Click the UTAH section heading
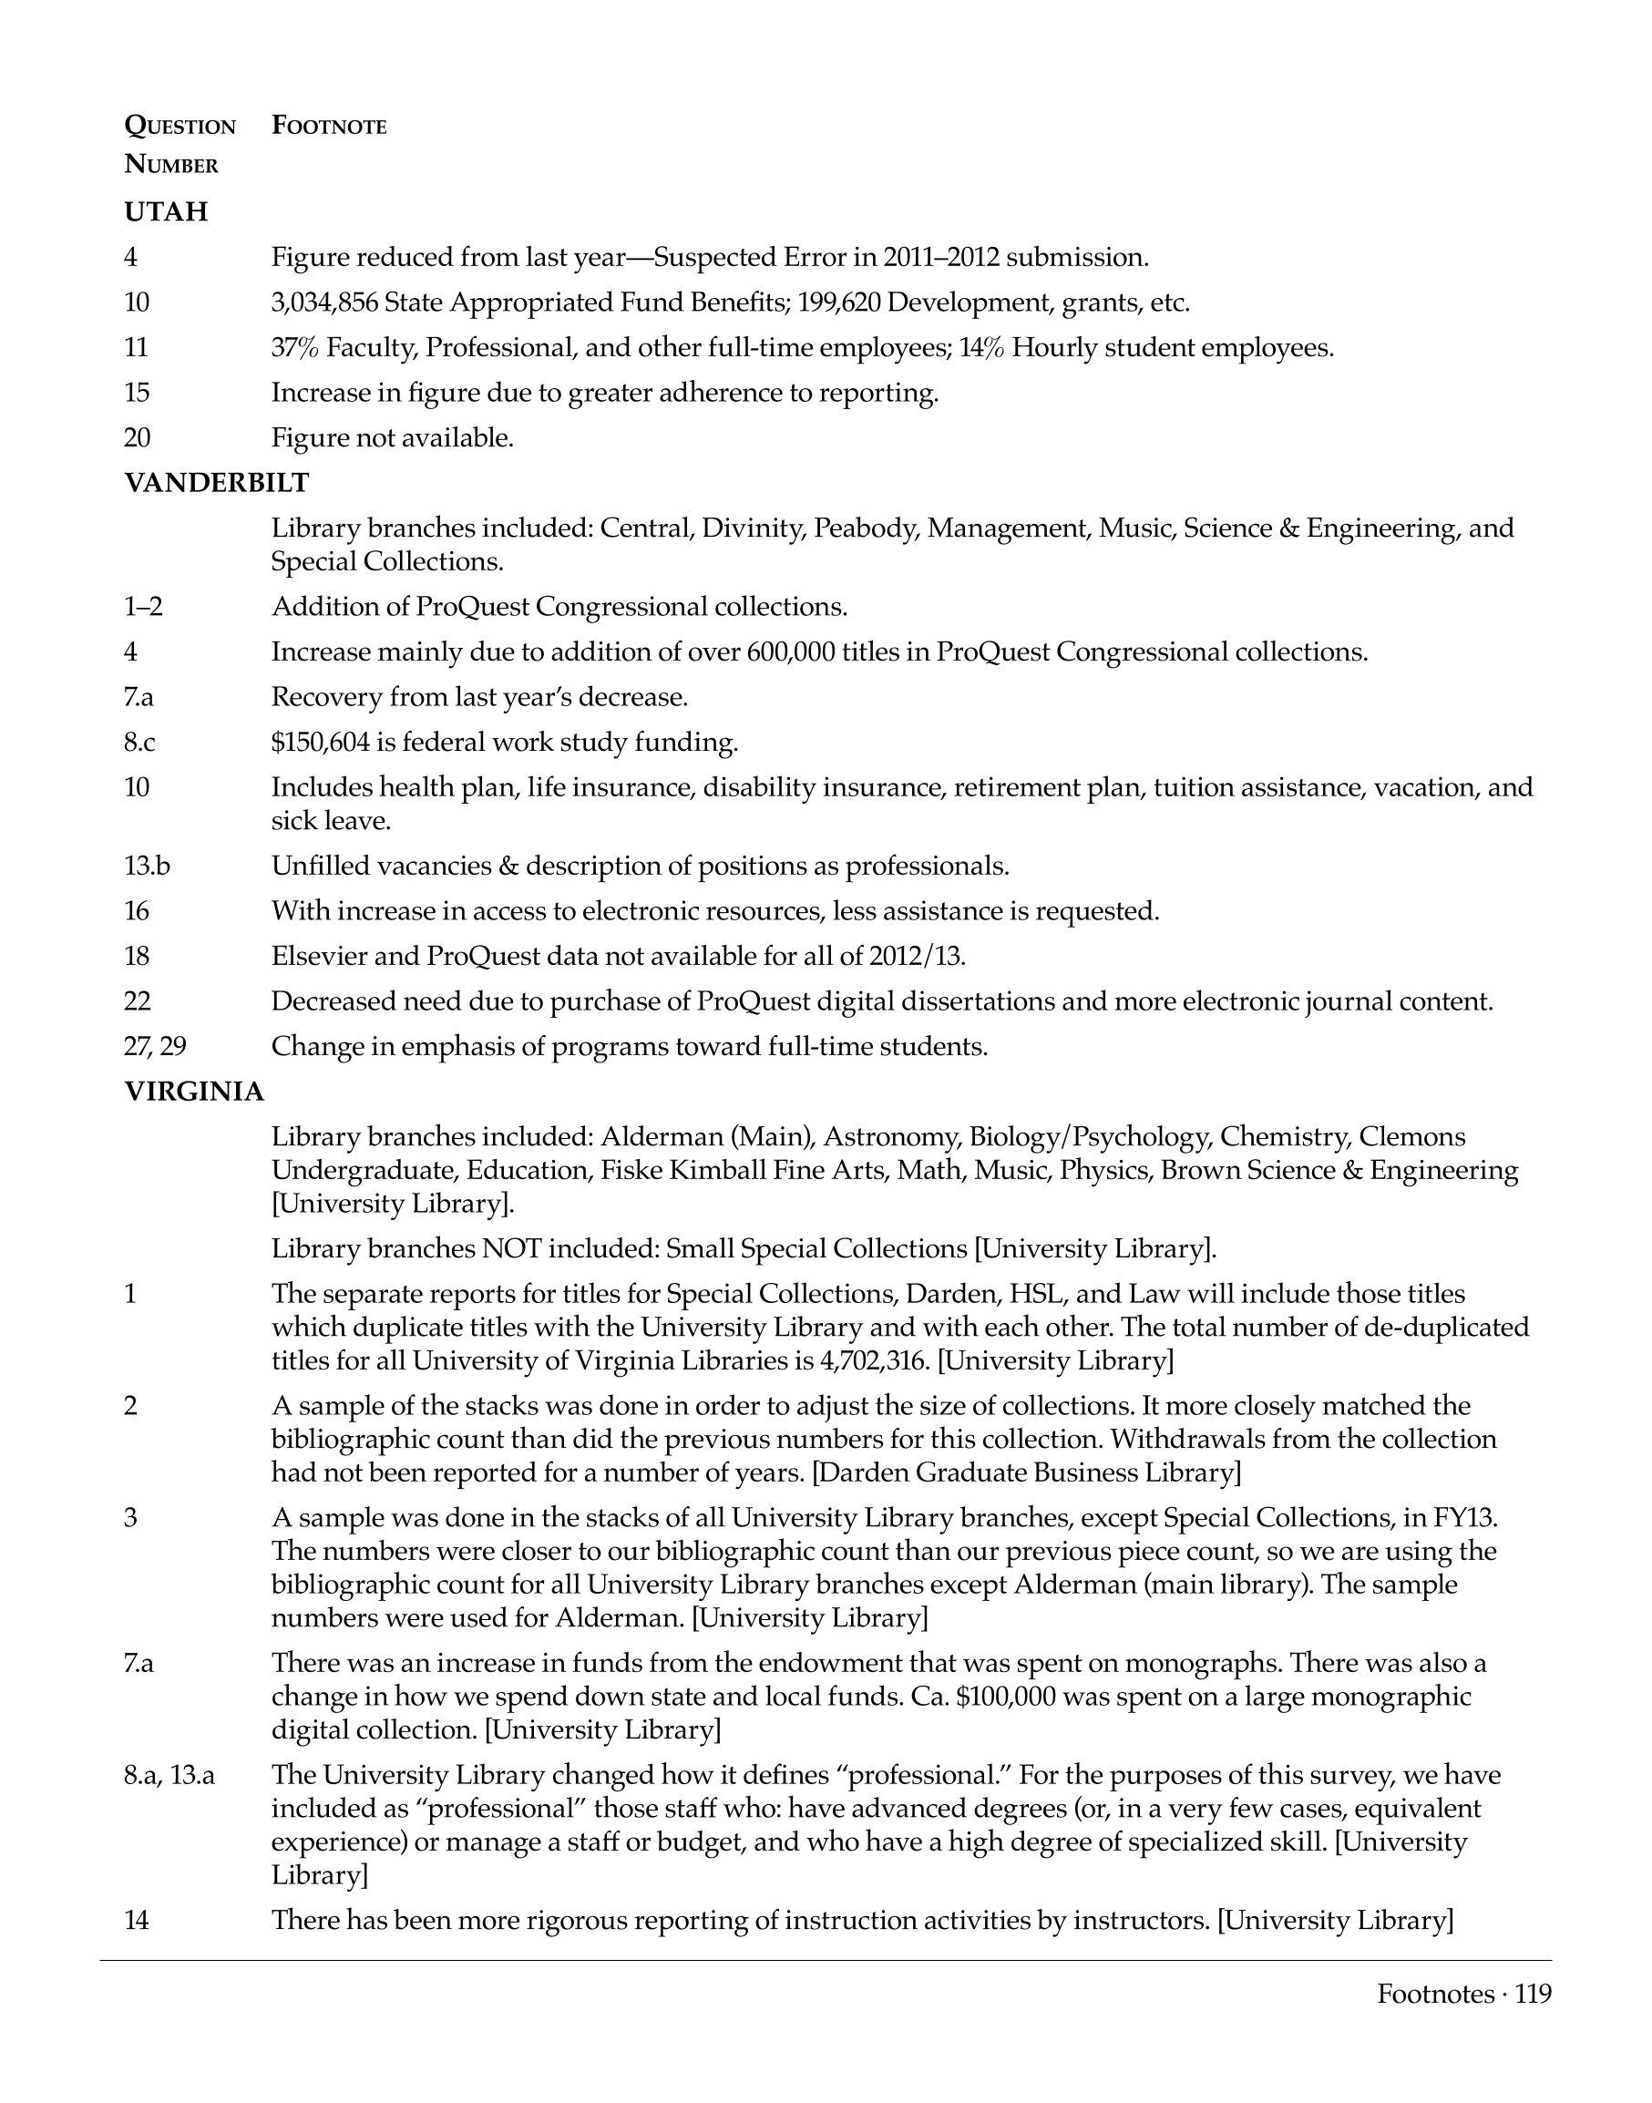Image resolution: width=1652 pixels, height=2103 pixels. (166, 211)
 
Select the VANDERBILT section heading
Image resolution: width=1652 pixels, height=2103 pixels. (217, 483)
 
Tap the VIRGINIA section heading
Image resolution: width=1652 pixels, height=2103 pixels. (193, 1093)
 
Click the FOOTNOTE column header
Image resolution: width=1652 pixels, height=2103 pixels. (329, 126)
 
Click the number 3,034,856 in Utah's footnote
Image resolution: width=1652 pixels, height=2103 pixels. (324, 303)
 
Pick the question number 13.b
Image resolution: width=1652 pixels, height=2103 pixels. (147, 866)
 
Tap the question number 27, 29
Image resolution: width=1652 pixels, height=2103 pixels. (155, 1046)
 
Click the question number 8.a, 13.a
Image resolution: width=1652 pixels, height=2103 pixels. (169, 1775)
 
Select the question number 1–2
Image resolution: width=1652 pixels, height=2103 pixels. (143, 607)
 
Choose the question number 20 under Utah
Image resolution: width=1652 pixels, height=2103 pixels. (138, 438)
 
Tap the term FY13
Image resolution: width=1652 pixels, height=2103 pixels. (1465, 1518)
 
